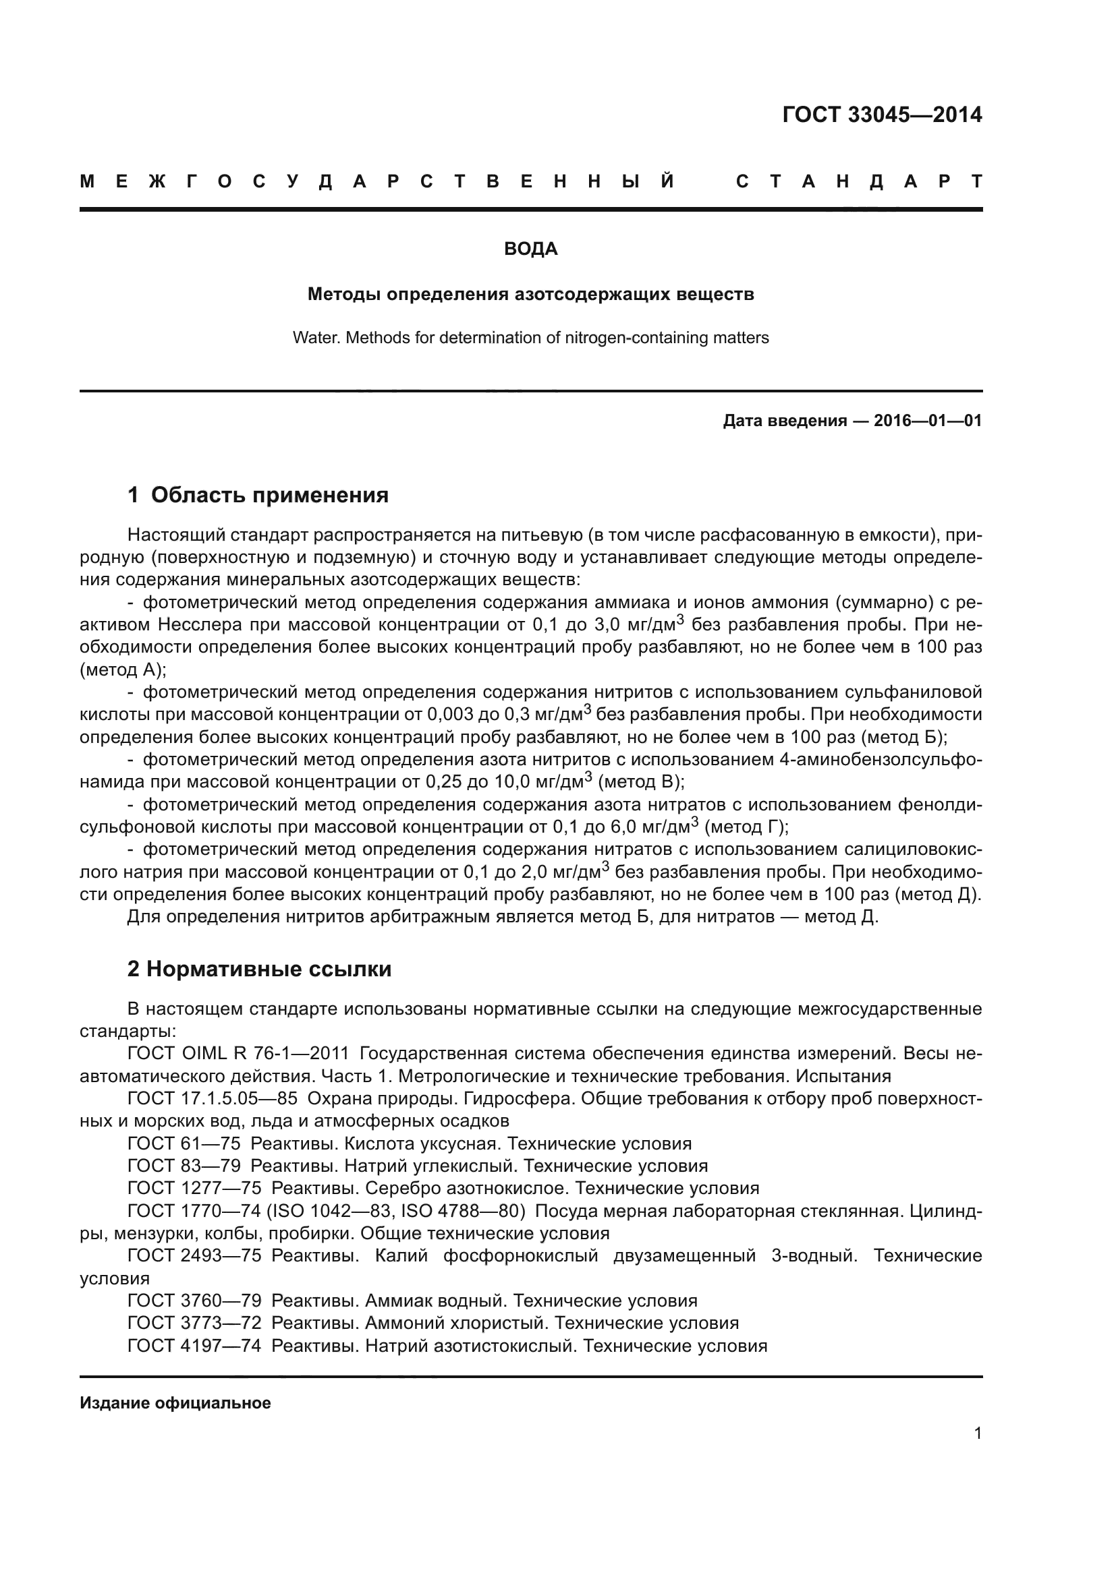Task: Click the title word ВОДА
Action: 530,249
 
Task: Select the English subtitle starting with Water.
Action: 530,338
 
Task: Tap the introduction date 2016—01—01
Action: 928,420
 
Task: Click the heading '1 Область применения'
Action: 258,494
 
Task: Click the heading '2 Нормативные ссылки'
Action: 259,968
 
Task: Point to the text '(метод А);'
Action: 123,670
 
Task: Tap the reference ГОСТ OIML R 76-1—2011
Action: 238,1053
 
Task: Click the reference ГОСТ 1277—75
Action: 194,1188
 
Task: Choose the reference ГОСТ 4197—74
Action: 194,1346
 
